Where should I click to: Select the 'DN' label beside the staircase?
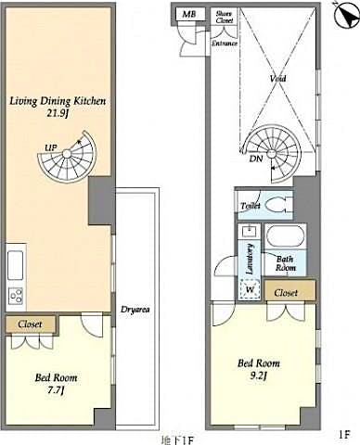coord(254,159)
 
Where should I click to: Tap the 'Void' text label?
coord(276,79)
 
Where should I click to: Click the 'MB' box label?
coord(188,15)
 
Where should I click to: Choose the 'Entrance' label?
coord(225,43)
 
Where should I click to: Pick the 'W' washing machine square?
coord(249,289)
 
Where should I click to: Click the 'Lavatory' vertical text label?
coord(251,255)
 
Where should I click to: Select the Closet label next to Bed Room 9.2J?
coord(286,292)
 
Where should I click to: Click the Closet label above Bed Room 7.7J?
coord(30,324)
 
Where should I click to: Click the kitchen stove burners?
coord(16,297)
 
